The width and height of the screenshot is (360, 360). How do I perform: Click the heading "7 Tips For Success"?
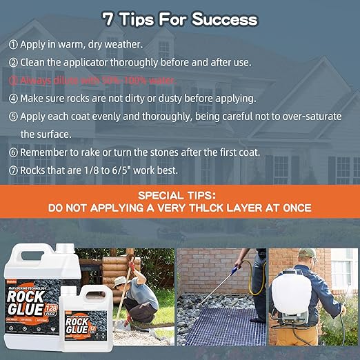179,19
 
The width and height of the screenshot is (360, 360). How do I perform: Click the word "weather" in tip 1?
123,45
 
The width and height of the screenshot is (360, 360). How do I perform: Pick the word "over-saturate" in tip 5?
306,117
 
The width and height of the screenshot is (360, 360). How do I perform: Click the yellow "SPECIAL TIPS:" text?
179,194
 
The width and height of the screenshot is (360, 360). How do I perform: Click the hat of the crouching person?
122,281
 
